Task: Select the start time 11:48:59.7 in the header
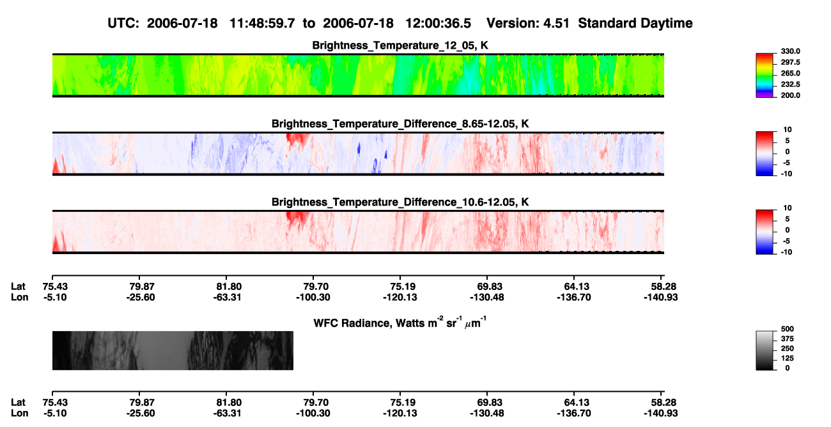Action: (262, 23)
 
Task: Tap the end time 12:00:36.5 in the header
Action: (438, 23)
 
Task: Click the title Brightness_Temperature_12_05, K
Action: (400, 45)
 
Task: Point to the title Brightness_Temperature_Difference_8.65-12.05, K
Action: (400, 124)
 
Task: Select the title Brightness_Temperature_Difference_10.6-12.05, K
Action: (400, 202)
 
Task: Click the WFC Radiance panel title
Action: (400, 322)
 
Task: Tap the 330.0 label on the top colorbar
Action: (790, 51)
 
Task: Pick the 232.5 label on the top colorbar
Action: (790, 85)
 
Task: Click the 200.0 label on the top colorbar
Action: (790, 95)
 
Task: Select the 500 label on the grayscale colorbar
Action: (788, 329)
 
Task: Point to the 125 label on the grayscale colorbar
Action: (788, 359)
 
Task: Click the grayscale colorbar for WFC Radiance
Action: (765, 350)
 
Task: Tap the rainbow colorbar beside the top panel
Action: (765, 76)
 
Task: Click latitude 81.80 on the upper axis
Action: (229, 287)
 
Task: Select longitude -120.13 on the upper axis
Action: (400, 297)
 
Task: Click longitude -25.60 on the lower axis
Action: (141, 414)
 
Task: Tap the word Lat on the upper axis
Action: (18, 287)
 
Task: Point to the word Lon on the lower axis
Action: (19, 414)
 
